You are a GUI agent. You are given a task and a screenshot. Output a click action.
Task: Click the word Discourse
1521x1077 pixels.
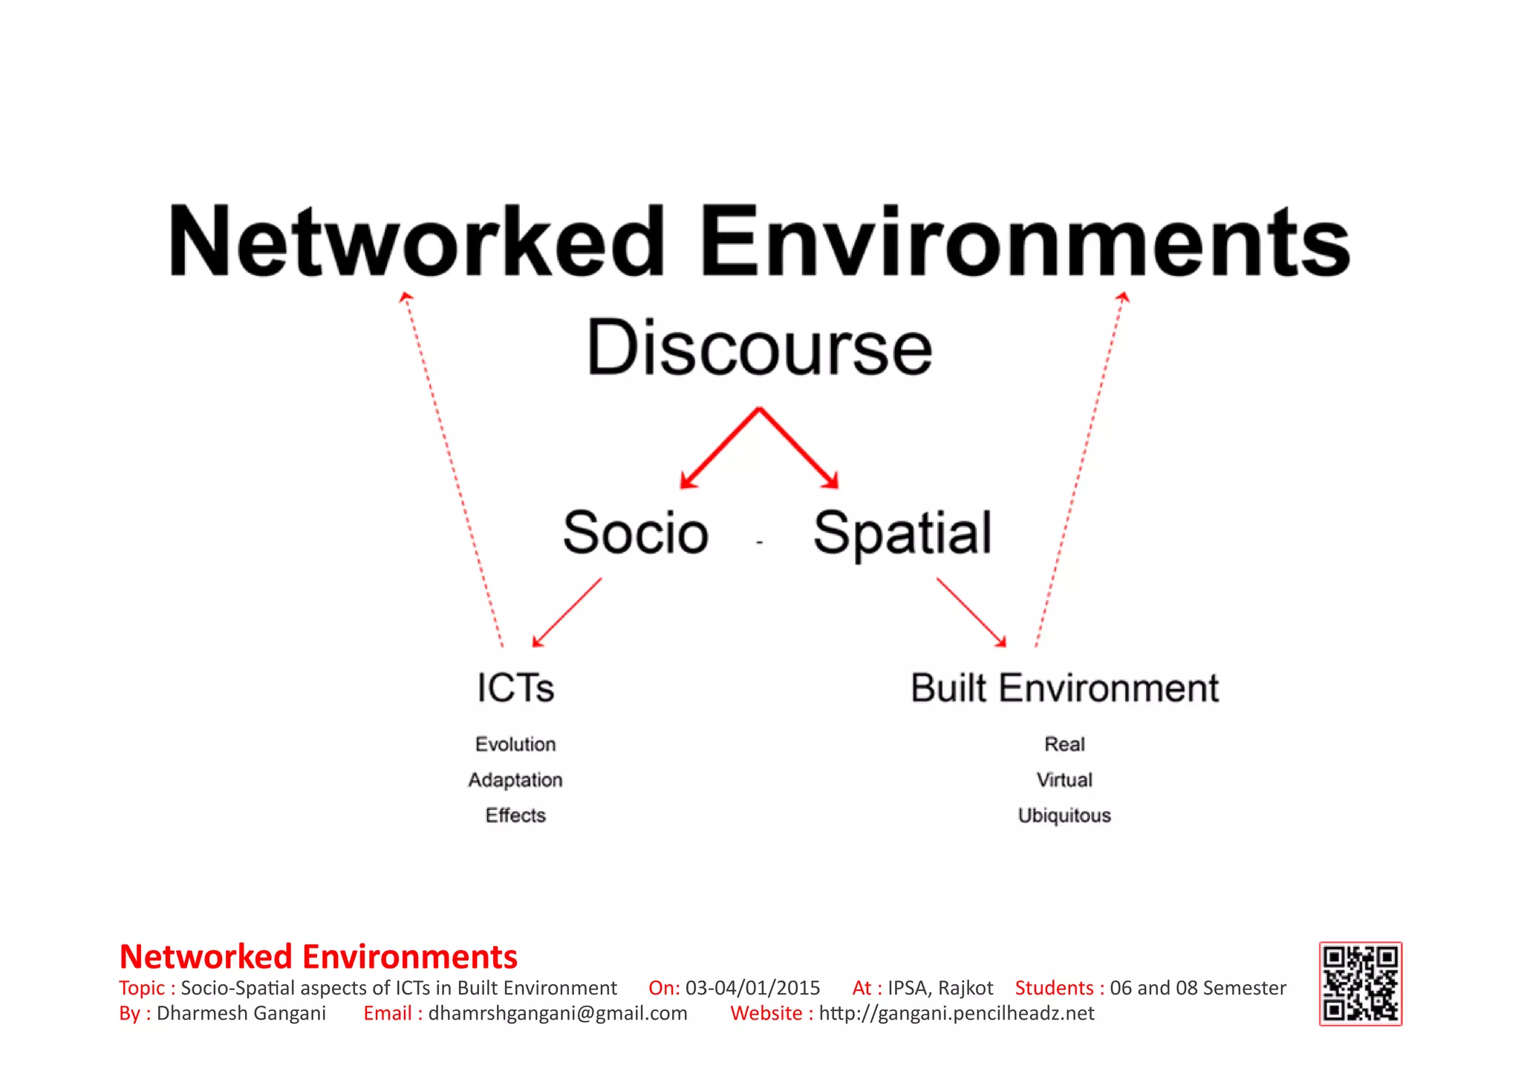click(x=759, y=348)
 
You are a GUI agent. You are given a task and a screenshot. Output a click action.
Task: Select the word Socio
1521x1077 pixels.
click(x=636, y=533)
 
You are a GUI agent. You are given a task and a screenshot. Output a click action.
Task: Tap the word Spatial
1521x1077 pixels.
click(x=902, y=533)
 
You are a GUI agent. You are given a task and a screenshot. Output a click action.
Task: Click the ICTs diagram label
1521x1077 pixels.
click(x=515, y=688)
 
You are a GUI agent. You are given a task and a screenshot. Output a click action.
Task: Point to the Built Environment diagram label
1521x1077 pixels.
click(x=1064, y=688)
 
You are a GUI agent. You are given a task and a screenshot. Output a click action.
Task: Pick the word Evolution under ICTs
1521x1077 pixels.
click(x=515, y=744)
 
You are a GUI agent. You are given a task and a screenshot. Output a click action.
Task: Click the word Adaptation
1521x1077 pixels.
click(x=515, y=780)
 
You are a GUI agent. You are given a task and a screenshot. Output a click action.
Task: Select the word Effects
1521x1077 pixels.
click(x=515, y=816)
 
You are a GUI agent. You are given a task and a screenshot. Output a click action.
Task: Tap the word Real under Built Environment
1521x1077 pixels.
click(x=1064, y=744)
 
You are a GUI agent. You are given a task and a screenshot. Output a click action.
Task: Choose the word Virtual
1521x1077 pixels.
click(x=1064, y=780)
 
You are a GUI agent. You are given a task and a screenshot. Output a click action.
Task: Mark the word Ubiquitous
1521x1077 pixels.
click(x=1064, y=816)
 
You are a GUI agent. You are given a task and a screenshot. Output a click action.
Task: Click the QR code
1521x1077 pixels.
click(x=1360, y=983)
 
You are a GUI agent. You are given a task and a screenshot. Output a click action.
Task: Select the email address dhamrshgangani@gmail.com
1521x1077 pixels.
click(x=558, y=1013)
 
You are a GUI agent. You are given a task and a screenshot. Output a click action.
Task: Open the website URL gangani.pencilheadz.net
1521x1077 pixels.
click(x=957, y=1013)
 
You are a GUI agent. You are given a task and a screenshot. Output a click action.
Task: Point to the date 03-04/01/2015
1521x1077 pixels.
click(x=752, y=988)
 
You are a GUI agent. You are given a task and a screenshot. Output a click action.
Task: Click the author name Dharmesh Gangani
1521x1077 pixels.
click(x=241, y=1013)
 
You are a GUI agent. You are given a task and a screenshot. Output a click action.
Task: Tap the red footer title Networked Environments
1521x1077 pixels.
click(x=319, y=957)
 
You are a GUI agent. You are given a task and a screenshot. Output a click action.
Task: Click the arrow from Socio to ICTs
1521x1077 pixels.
click(x=567, y=612)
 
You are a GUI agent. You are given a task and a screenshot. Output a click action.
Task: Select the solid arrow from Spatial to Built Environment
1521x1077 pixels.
click(x=971, y=612)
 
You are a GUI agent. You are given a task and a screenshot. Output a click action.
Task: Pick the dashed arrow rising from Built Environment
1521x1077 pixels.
click(x=1081, y=468)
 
